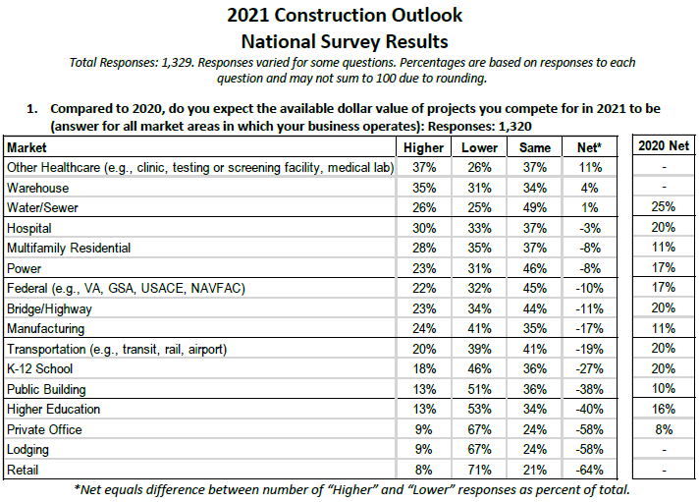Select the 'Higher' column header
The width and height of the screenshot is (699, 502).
(x=424, y=146)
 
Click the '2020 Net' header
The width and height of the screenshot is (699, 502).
(x=663, y=146)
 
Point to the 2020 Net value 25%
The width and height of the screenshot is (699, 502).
(x=663, y=207)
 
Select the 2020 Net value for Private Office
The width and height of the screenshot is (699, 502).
(x=663, y=429)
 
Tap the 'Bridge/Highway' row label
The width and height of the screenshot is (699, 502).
(x=46, y=308)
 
